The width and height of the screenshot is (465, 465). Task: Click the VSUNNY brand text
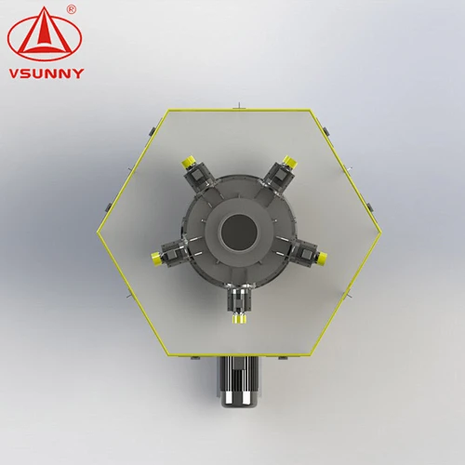point(46,73)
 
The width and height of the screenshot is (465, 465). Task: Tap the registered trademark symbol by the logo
point(72,9)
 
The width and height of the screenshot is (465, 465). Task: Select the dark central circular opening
point(238,232)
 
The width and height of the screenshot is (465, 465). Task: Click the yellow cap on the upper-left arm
point(188,161)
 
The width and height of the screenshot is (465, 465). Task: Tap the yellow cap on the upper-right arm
point(290,162)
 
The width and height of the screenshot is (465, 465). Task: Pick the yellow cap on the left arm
point(156,259)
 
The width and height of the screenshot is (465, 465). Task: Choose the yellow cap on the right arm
point(322,258)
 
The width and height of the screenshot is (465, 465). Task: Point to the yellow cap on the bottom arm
point(239,318)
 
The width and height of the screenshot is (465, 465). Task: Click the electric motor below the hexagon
point(238,381)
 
